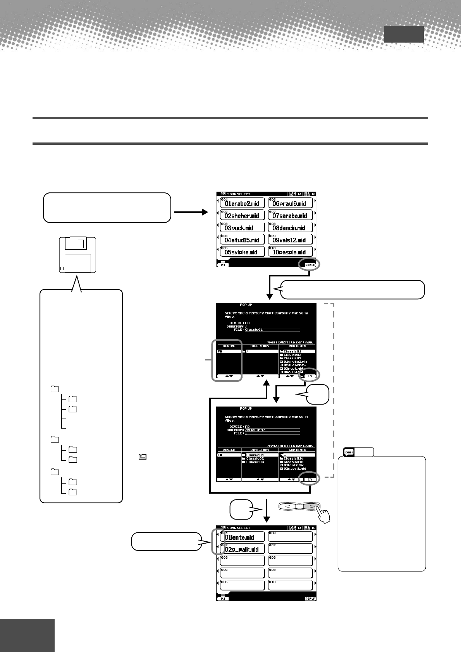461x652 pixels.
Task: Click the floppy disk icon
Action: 77,255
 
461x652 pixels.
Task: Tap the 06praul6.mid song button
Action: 290,203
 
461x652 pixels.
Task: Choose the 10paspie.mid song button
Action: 290,251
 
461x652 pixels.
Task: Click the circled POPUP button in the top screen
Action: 310,265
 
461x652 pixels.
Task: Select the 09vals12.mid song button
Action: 290,239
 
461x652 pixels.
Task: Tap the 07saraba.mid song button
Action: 290,215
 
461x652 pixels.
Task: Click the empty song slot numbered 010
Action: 290,585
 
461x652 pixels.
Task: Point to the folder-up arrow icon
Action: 143,457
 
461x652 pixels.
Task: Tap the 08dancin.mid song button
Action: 290,227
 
